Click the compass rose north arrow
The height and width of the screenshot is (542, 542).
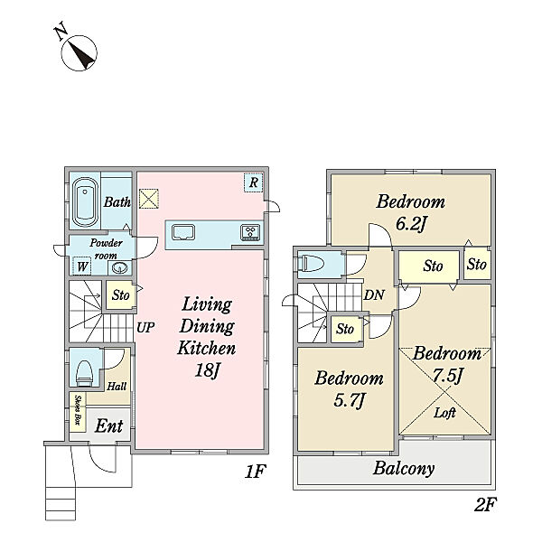pyautogui.click(x=79, y=53)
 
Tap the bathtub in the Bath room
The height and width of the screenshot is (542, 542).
pyautogui.click(x=85, y=202)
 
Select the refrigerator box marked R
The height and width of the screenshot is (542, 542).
pyautogui.click(x=253, y=182)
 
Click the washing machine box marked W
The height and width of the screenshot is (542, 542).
pyautogui.click(x=82, y=266)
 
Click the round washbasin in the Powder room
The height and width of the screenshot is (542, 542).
pyautogui.click(x=120, y=267)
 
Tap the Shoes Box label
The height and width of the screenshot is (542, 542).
pyautogui.click(x=78, y=410)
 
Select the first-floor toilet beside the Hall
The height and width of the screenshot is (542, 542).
pyautogui.click(x=85, y=373)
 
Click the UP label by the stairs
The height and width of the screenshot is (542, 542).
pyautogui.click(x=145, y=327)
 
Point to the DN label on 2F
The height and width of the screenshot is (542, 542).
pyautogui.click(x=374, y=294)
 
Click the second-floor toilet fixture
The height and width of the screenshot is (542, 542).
pyautogui.click(x=312, y=264)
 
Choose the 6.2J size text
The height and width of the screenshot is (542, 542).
pyautogui.click(x=411, y=224)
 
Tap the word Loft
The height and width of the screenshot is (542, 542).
pyautogui.click(x=444, y=413)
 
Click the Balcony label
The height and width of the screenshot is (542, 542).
pyautogui.click(x=404, y=469)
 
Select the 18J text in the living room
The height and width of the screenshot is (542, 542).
pyautogui.click(x=207, y=371)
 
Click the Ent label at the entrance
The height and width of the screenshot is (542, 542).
pyautogui.click(x=109, y=425)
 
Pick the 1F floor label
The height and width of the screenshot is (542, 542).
pyautogui.click(x=255, y=472)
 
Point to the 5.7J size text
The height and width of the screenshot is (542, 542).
pyautogui.click(x=349, y=401)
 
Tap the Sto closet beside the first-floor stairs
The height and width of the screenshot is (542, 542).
pyautogui.click(x=121, y=295)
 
